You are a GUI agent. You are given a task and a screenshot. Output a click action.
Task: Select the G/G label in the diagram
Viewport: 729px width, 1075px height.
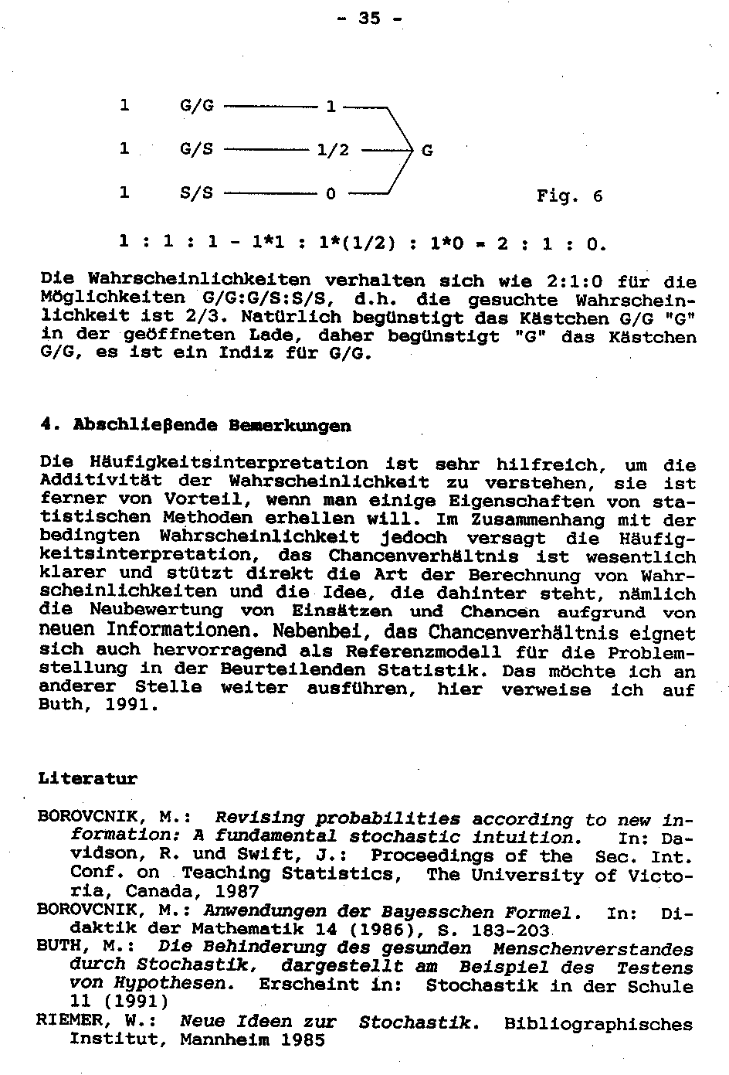[x=196, y=105]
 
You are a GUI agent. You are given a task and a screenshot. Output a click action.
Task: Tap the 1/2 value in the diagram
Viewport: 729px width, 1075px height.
[x=333, y=150]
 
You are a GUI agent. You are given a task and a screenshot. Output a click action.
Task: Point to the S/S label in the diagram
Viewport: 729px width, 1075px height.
[x=196, y=193]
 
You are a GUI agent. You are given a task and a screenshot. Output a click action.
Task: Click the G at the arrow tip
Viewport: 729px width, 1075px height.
[x=427, y=150]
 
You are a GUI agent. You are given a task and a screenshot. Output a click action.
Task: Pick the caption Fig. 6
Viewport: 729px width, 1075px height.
[x=569, y=196]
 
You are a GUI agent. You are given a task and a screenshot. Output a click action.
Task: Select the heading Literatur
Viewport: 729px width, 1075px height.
[x=87, y=779]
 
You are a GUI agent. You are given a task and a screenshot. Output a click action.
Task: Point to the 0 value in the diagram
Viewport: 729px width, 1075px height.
[x=331, y=194]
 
